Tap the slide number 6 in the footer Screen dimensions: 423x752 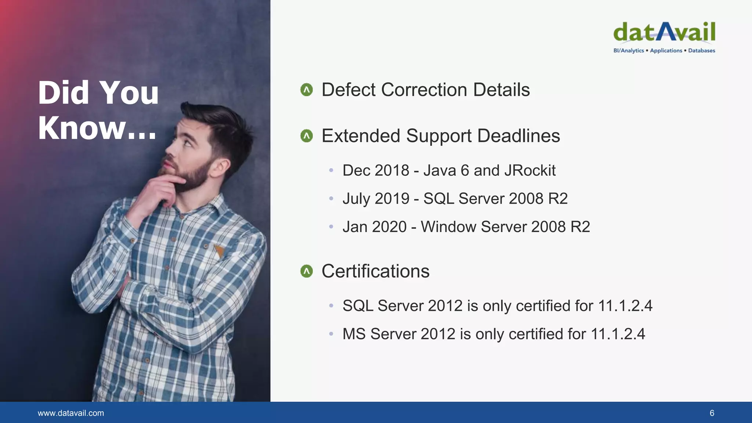[712, 413]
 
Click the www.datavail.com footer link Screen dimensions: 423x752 [71, 413]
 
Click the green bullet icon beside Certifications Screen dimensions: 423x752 [307, 271]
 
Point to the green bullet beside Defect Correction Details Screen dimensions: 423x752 [307, 90]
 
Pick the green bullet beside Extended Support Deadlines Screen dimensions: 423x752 [307, 136]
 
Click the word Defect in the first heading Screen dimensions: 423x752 [348, 90]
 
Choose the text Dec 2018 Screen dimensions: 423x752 [376, 170]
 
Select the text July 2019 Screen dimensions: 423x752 [376, 199]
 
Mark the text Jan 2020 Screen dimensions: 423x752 [375, 227]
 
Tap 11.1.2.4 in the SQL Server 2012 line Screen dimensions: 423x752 [625, 306]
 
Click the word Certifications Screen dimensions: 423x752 [375, 271]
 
